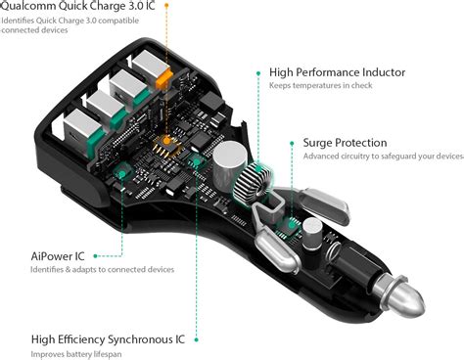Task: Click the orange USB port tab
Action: [x=163, y=78]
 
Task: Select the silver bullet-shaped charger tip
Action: [x=400, y=295]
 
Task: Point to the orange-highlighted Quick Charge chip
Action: [x=167, y=145]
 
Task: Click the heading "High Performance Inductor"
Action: [x=337, y=72]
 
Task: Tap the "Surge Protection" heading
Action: [x=345, y=143]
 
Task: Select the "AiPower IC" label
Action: [x=58, y=256]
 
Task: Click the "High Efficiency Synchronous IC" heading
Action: [x=108, y=339]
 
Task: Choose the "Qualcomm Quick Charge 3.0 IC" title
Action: [x=77, y=6]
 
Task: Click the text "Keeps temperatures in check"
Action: [x=320, y=85]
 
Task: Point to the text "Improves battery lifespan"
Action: [x=76, y=354]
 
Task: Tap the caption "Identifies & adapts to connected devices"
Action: [x=102, y=270]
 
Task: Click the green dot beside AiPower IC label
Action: [x=95, y=256]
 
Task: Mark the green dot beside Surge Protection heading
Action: [x=292, y=143]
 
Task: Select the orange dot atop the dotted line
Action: [x=166, y=6]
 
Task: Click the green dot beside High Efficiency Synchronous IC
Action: [x=196, y=339]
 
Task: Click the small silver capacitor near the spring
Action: [x=312, y=234]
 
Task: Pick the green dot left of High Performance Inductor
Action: [x=258, y=73]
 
